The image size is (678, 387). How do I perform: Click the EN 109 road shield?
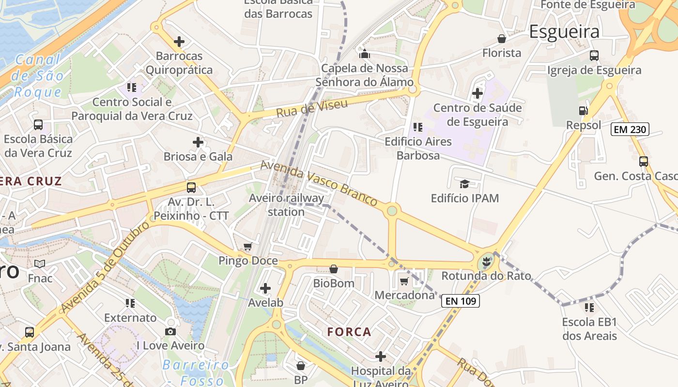pyautogui.click(x=461, y=301)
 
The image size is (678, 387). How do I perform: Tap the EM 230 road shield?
pyautogui.click(x=630, y=129)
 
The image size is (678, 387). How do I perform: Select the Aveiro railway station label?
pyautogui.click(x=286, y=205)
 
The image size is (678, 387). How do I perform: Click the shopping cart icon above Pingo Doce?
pyautogui.click(x=248, y=247)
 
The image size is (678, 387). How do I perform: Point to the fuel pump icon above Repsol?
pyautogui.click(x=584, y=111)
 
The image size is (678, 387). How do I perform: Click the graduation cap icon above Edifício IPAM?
pyautogui.click(x=464, y=184)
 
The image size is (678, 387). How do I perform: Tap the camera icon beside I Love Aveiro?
pyautogui.click(x=170, y=331)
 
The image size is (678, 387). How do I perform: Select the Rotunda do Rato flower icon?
pyautogui.click(x=487, y=262)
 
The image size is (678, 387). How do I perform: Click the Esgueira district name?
pyautogui.click(x=564, y=31)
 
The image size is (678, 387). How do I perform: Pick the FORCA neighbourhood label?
pyautogui.click(x=349, y=332)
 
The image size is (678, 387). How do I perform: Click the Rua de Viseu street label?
pyautogui.click(x=312, y=108)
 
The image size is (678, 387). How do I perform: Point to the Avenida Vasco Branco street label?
pyautogui.click(x=319, y=183)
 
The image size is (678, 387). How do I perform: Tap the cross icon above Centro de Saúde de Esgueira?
pyautogui.click(x=478, y=93)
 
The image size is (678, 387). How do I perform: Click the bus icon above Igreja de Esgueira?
pyautogui.click(x=594, y=56)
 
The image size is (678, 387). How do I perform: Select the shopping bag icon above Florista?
pyautogui.click(x=502, y=39)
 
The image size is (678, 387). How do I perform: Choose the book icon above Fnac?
pyautogui.click(x=40, y=264)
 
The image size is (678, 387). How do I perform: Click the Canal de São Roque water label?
pyautogui.click(x=39, y=76)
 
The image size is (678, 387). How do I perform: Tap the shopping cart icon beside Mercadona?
pyautogui.click(x=404, y=281)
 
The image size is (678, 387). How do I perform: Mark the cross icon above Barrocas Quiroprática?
pyautogui.click(x=179, y=42)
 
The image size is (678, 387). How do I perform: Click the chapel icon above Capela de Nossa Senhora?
pyautogui.click(x=364, y=54)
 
